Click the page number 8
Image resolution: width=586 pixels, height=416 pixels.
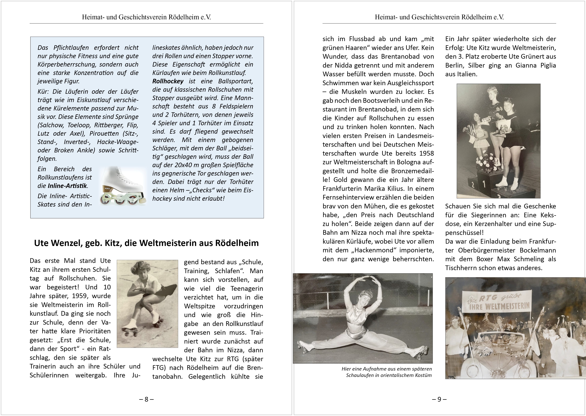coord(146,399)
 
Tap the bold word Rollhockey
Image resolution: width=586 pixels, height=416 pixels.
coord(168,81)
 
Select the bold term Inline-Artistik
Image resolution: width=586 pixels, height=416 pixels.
coord(68,186)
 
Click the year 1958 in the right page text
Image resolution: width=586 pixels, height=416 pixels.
coord(426,153)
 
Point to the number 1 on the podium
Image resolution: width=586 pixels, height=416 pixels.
coord(484,183)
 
